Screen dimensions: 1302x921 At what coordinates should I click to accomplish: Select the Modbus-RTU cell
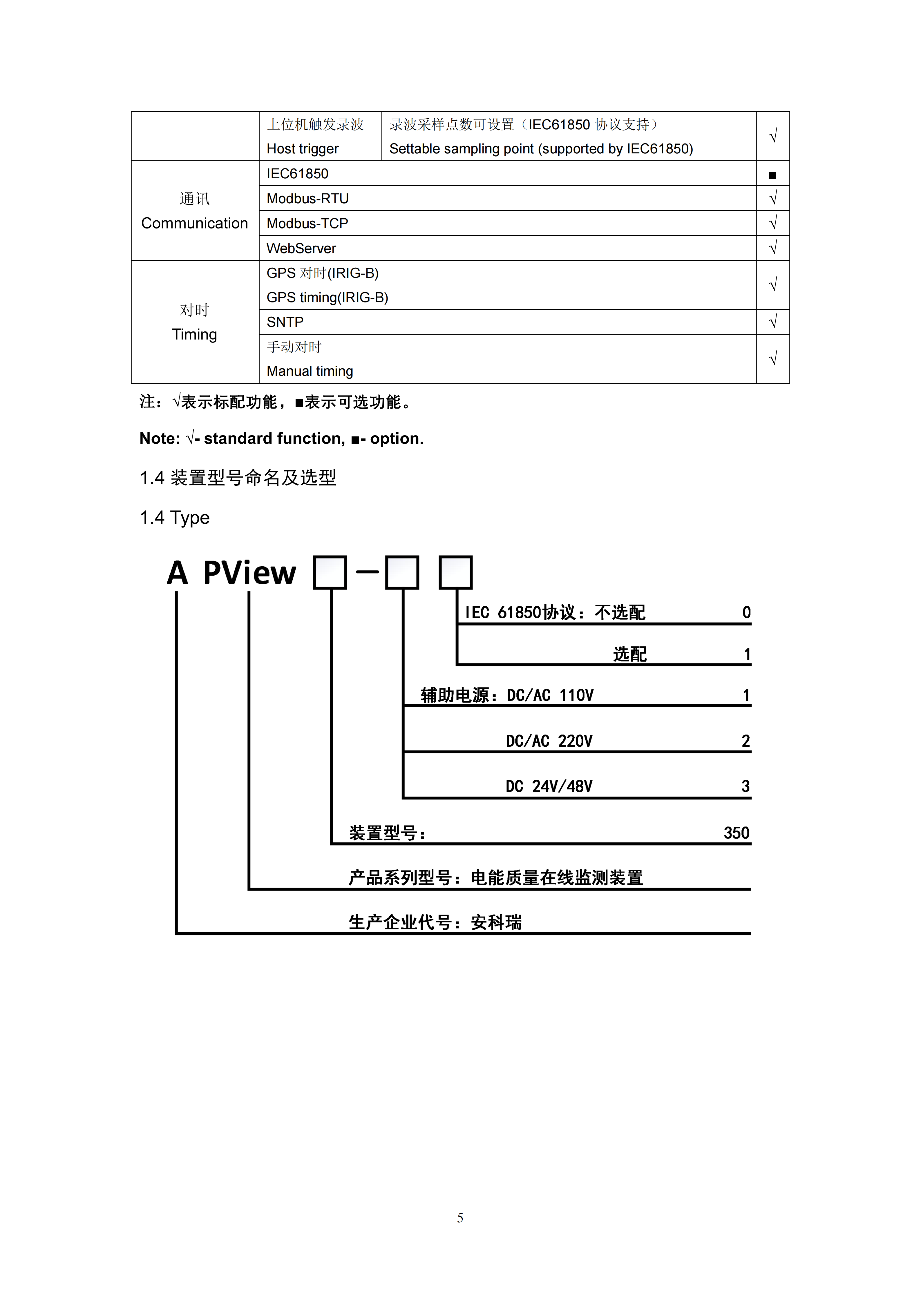pos(307,198)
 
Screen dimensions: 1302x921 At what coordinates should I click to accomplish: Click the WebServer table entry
pos(301,249)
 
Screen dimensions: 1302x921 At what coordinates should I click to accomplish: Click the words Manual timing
pos(310,371)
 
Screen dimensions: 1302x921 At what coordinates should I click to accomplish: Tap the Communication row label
pos(195,223)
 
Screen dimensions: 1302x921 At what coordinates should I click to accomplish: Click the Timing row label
pos(195,335)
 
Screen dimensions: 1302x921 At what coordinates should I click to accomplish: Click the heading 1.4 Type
pos(175,518)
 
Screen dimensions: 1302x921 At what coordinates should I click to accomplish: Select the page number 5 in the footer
pos(460,1218)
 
